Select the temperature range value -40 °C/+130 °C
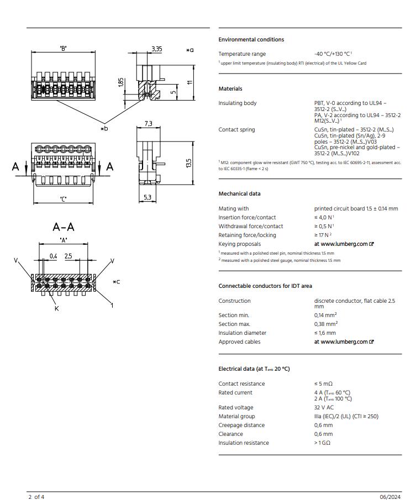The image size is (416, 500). click(333, 54)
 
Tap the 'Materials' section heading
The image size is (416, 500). click(230, 89)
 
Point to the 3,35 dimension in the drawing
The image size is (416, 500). click(156, 49)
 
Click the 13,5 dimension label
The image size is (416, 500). click(188, 164)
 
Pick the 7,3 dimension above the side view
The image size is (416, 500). click(148, 124)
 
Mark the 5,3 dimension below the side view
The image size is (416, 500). click(148, 197)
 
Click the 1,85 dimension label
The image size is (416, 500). click(121, 83)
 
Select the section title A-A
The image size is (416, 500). click(64, 227)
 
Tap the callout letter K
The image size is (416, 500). click(56, 309)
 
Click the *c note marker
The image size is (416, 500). click(116, 282)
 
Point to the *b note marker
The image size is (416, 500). click(104, 129)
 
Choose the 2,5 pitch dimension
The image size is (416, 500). click(68, 256)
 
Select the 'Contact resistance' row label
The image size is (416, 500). click(241, 384)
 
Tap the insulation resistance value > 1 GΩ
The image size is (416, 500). click(323, 443)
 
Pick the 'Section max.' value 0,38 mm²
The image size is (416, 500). click(326, 324)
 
